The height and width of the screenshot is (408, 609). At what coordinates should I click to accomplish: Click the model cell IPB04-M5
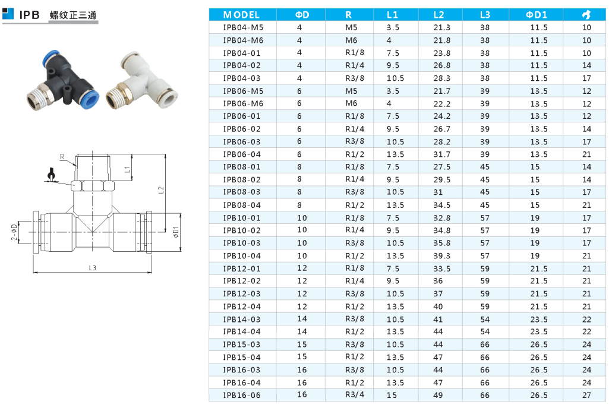(x=243, y=27)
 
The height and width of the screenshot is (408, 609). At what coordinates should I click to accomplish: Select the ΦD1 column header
(x=537, y=15)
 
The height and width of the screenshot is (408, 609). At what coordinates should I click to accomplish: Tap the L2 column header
(x=439, y=15)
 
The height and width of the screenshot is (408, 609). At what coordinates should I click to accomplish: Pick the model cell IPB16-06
(x=242, y=395)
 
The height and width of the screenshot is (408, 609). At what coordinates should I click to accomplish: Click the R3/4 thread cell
(x=355, y=395)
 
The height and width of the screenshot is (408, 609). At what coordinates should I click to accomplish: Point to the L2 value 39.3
(x=442, y=256)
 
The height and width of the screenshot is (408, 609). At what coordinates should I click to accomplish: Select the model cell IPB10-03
(x=242, y=243)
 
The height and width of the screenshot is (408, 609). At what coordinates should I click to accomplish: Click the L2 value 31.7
(x=442, y=154)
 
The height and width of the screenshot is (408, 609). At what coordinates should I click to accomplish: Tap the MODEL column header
(x=241, y=15)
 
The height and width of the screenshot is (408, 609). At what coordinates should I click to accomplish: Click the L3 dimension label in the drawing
(x=93, y=268)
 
